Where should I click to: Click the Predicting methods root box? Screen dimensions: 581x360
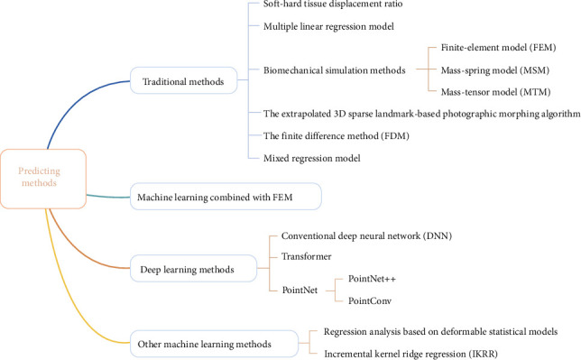[43, 179]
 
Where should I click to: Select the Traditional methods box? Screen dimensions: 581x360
[183, 80]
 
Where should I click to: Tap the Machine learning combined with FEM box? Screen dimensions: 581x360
[226, 197]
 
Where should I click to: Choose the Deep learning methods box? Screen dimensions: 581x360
[193, 269]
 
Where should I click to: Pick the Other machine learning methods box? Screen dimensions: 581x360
[214, 344]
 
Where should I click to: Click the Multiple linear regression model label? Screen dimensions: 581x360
[328, 26]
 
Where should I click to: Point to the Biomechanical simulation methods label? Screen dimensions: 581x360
[334, 70]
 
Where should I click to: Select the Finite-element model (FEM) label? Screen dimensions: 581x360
[498, 48]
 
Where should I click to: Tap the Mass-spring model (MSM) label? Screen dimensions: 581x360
[495, 70]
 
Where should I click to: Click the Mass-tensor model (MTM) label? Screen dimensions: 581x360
[496, 92]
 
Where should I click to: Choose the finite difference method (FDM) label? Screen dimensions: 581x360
[337, 135]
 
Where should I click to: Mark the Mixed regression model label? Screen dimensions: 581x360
[312, 158]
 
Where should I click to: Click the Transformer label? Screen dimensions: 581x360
[307, 256]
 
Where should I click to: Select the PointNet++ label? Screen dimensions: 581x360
[372, 279]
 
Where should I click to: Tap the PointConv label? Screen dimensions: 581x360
[370, 300]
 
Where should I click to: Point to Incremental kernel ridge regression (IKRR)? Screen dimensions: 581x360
[410, 354]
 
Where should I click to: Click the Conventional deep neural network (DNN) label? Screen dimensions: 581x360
[366, 235]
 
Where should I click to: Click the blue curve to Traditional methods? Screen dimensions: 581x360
[77, 103]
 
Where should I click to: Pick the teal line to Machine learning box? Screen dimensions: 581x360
[108, 197]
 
